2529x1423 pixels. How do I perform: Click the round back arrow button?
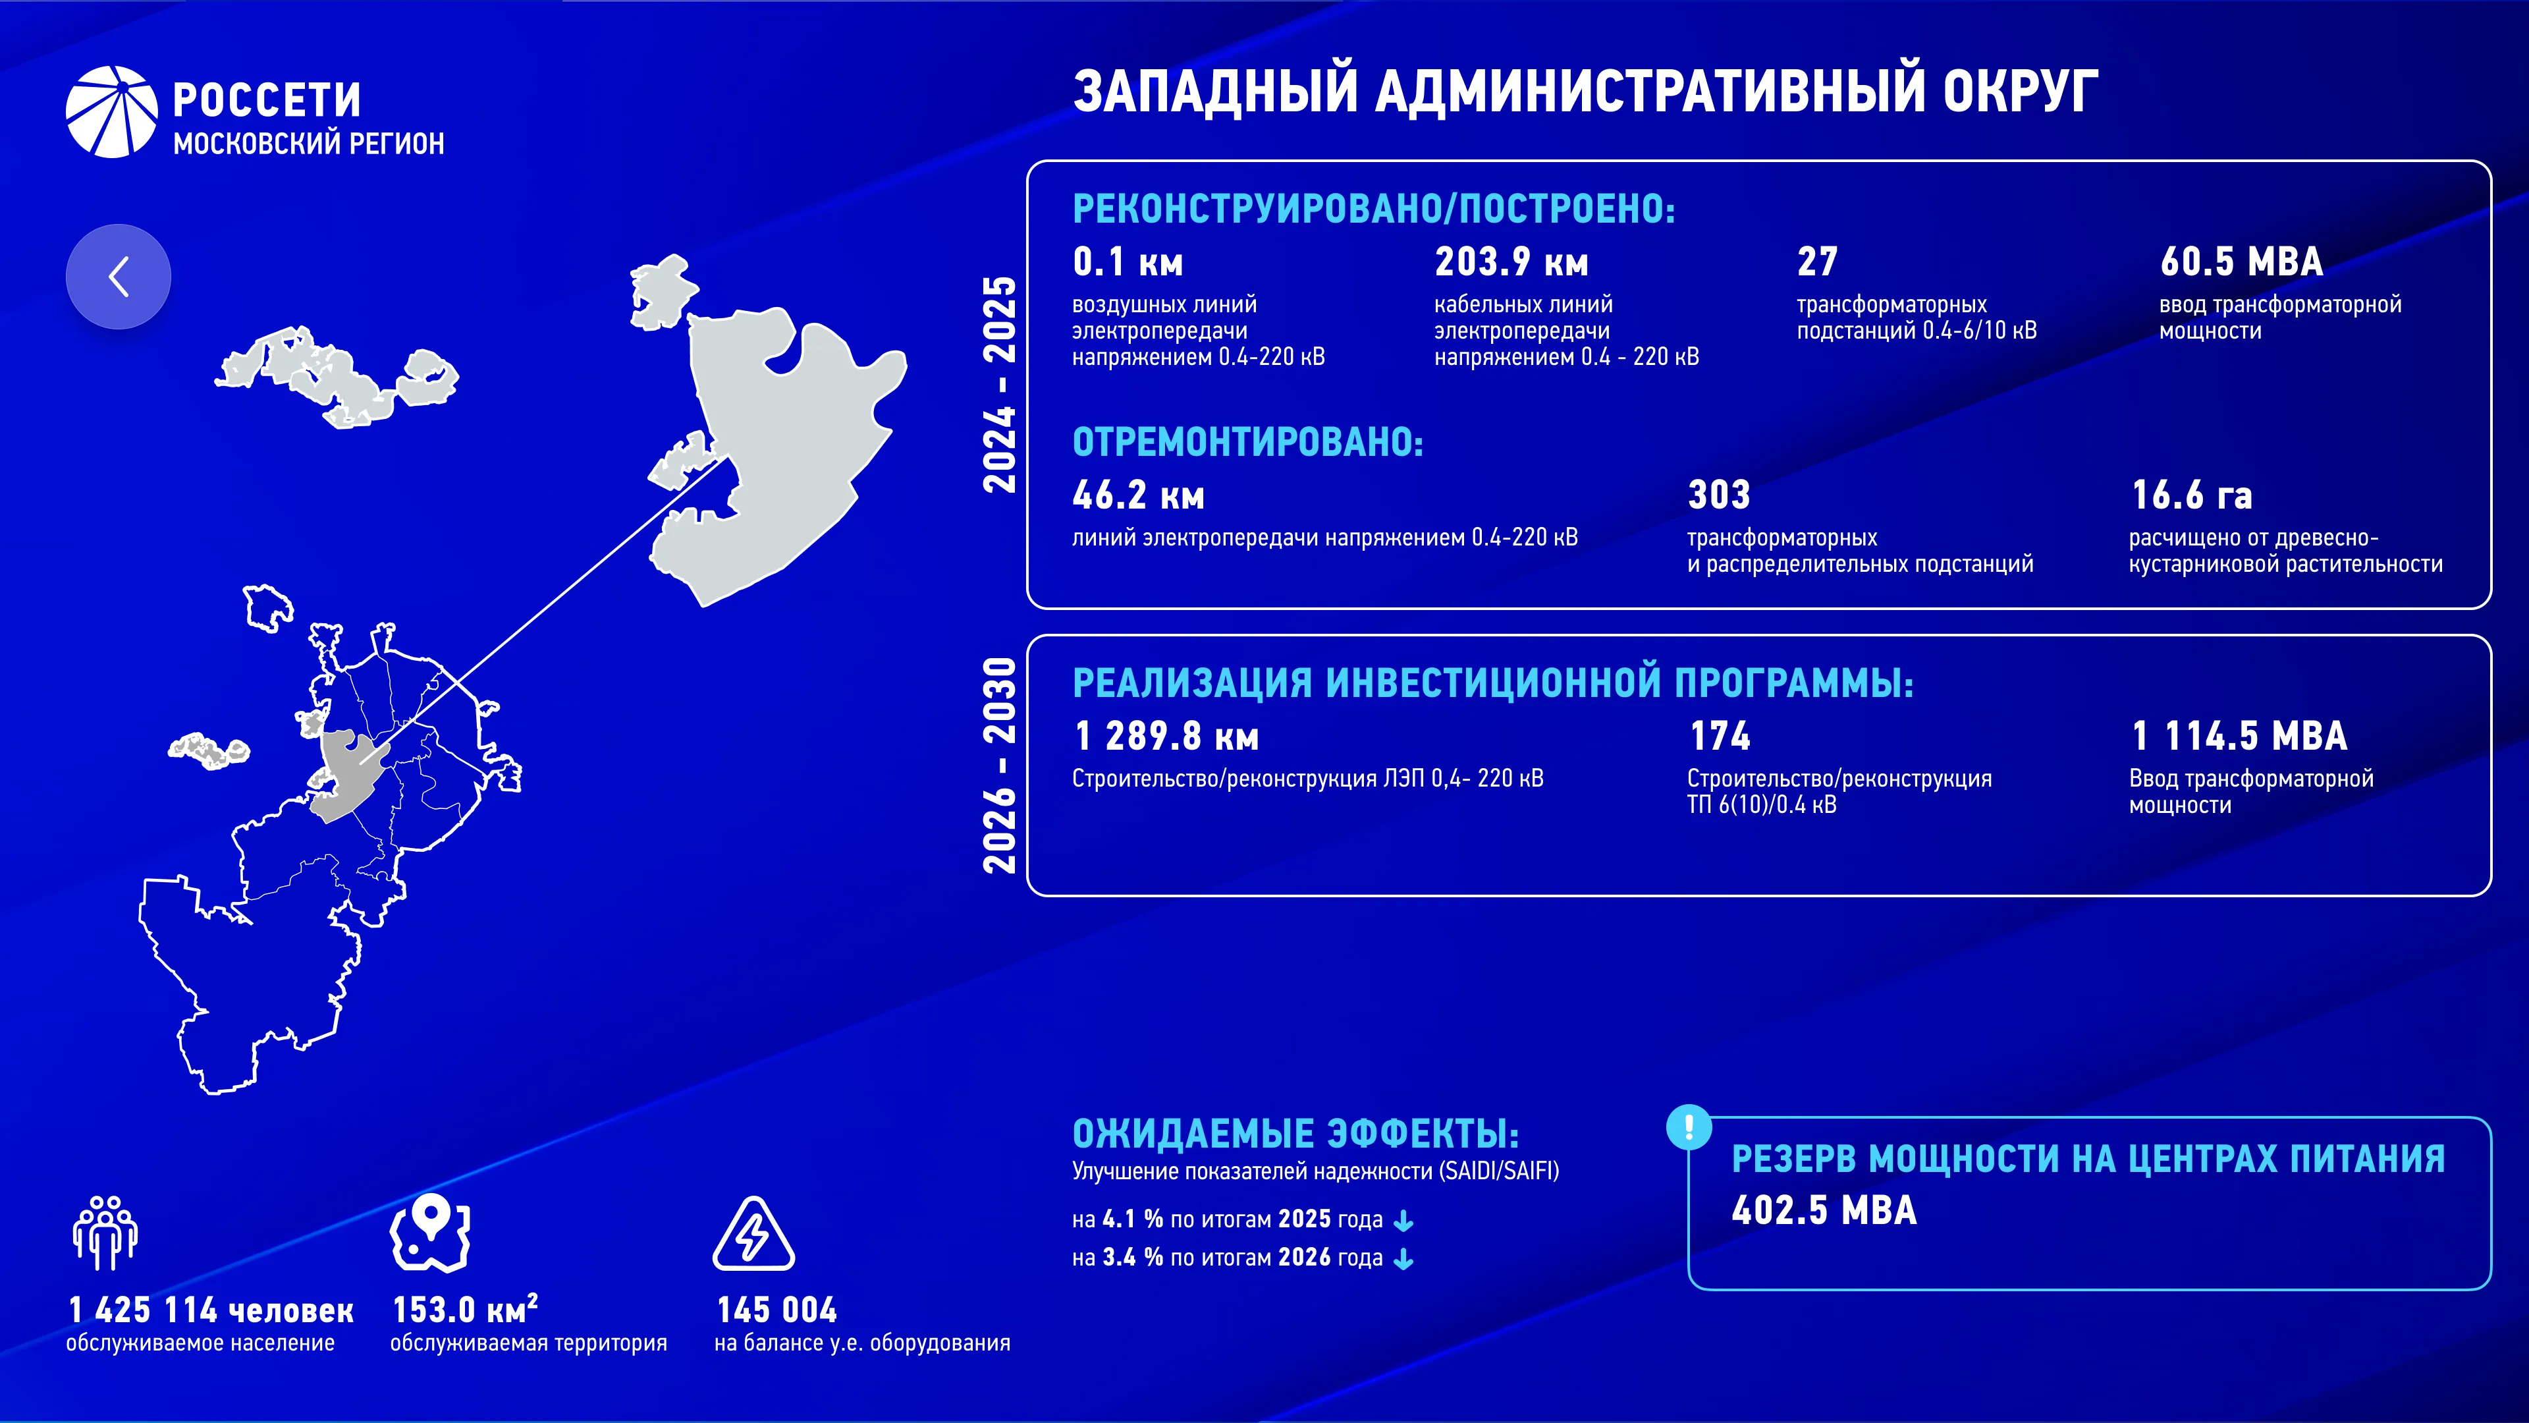pos(118,276)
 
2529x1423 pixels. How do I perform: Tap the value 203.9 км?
pos(1511,262)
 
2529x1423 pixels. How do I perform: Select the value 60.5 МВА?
pos(2241,262)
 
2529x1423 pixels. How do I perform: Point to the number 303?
pos(1719,495)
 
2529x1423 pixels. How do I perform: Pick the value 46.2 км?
pos(1138,495)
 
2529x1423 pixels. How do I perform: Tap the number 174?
pos(1719,736)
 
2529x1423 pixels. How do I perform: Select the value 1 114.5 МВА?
pos(2239,736)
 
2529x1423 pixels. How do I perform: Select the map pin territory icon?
pos(430,1233)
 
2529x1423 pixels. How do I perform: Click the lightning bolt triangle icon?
pos(753,1233)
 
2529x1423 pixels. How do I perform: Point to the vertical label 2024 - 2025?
pos(1000,384)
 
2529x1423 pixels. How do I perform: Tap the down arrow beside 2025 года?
pos(1404,1221)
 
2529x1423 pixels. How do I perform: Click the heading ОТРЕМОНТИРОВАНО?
pos(1248,442)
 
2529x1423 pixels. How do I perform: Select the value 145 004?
pos(776,1310)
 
